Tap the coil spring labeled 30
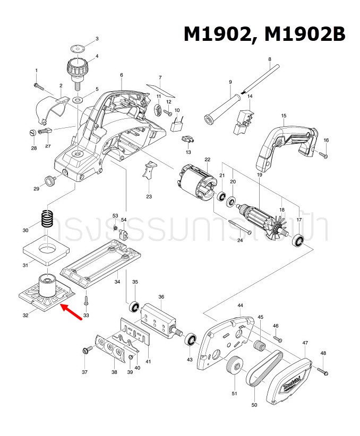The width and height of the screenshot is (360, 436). coord(48,220)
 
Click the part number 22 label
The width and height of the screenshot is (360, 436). coord(207,160)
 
